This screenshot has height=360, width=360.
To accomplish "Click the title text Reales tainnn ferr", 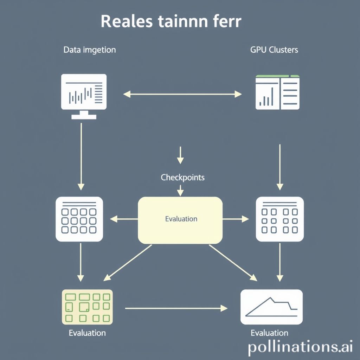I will [x=171, y=21].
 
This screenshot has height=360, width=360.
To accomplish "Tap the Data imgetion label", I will [x=89, y=50].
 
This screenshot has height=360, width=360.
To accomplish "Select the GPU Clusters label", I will [x=274, y=50].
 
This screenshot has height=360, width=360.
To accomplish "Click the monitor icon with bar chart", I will [x=84, y=94].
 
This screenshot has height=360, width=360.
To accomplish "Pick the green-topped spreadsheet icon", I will [x=277, y=92].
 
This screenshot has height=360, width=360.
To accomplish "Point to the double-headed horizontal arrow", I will [x=182, y=94].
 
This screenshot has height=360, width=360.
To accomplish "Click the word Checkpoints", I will [x=182, y=178].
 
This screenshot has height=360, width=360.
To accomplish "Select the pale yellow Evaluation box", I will [x=180, y=220].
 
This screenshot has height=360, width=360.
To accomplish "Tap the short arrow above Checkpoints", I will [x=180, y=155].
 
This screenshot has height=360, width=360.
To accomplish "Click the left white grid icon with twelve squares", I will [x=79, y=219].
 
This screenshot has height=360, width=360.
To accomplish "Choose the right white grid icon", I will [x=280, y=219].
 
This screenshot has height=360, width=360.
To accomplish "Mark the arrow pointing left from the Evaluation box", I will [x=124, y=219].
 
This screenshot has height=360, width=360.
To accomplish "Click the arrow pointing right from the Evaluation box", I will [x=236, y=219].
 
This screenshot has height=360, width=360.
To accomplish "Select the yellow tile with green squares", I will [x=87, y=307].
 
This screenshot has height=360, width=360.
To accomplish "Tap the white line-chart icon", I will [x=271, y=307].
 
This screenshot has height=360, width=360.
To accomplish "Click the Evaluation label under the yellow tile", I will [x=87, y=333].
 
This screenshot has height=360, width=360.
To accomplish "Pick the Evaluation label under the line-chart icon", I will [x=269, y=333].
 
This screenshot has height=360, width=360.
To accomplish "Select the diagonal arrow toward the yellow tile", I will [x=128, y=263].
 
